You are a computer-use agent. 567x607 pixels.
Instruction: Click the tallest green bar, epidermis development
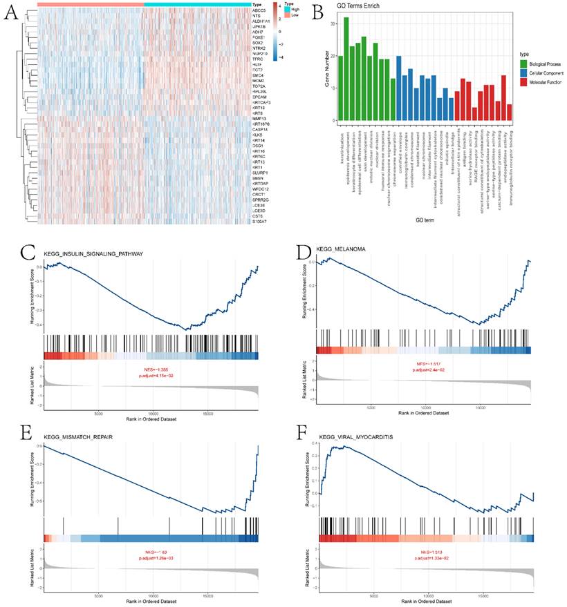tap(346, 69)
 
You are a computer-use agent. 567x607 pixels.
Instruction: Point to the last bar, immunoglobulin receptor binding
tap(510, 113)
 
